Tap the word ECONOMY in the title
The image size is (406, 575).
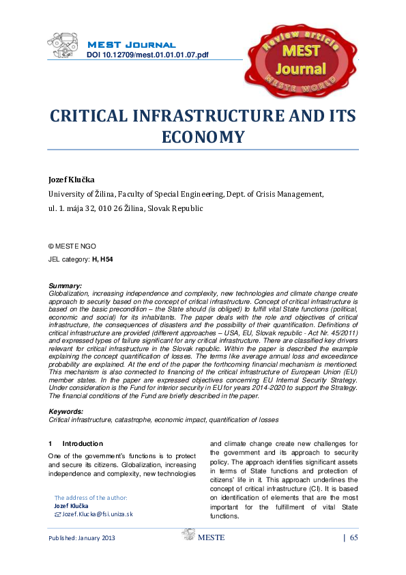coord(203,137)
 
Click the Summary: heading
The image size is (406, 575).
coord(66,285)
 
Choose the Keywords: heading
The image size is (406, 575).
coord(67,412)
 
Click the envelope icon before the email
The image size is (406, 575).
coord(57,514)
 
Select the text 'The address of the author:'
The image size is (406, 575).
coord(91,498)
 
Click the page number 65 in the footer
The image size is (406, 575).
coord(353,538)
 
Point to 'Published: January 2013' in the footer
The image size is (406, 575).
coord(81,538)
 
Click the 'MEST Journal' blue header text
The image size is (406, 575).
coord(131,44)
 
